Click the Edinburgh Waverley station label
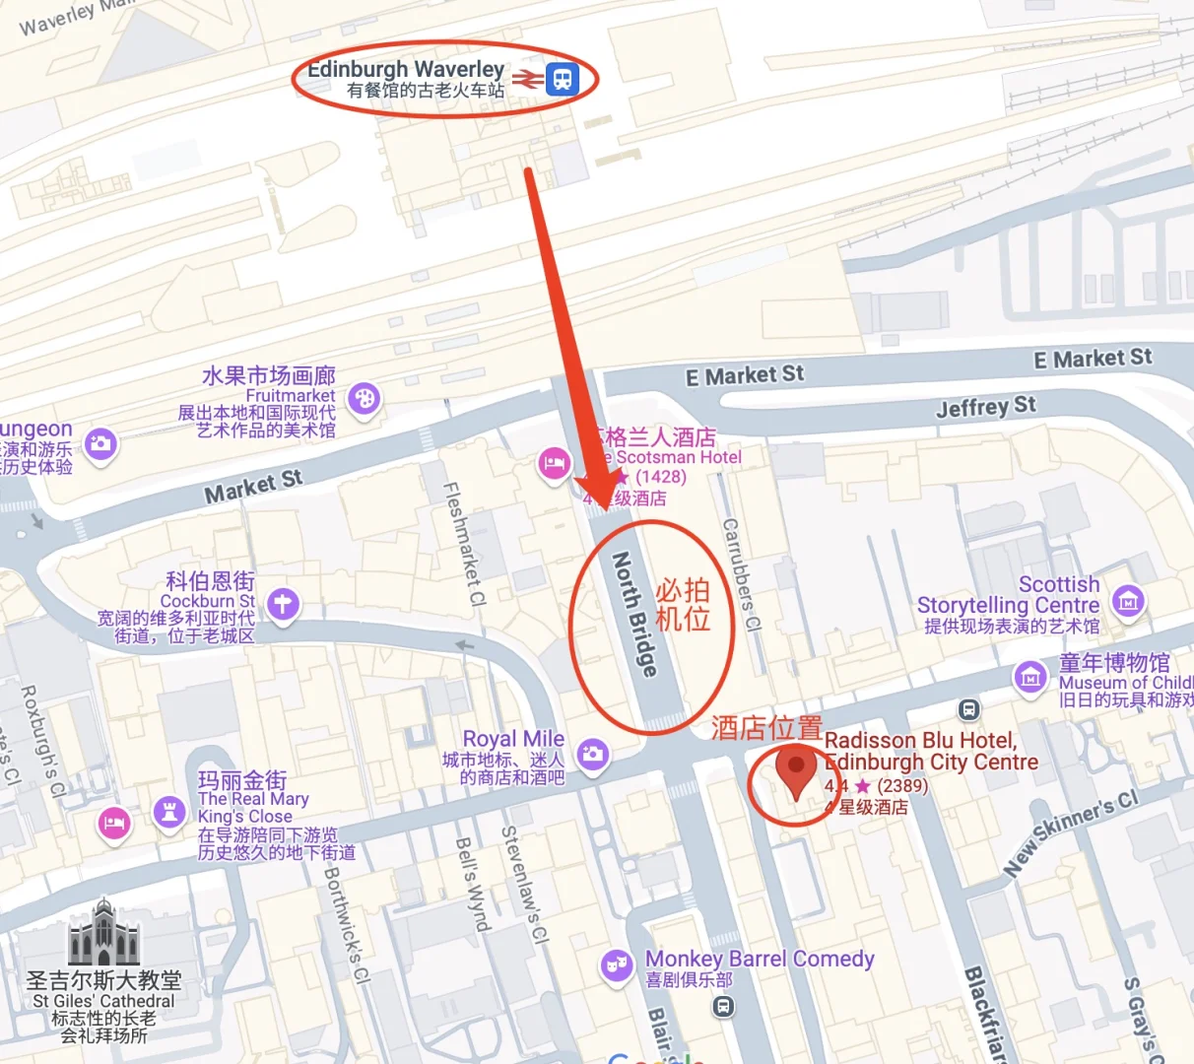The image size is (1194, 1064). coord(406,70)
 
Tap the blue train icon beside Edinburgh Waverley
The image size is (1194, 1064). coord(562,77)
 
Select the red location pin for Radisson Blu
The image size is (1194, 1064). coord(796,767)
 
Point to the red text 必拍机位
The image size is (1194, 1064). coord(683,604)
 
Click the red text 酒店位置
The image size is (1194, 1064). coord(766,728)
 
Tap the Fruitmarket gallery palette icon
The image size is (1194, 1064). coord(364,399)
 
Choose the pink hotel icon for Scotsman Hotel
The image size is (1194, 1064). coord(554,463)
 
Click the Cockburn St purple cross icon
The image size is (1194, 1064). coord(283,603)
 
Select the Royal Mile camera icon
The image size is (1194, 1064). coord(592,755)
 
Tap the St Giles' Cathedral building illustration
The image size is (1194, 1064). coord(104,933)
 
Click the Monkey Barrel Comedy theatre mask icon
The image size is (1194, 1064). coord(617,965)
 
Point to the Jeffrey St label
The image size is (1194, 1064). coord(985,406)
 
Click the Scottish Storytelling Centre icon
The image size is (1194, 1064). coord(1128,599)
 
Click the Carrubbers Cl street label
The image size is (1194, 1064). coord(742,575)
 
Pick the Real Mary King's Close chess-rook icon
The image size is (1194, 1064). coord(169,812)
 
